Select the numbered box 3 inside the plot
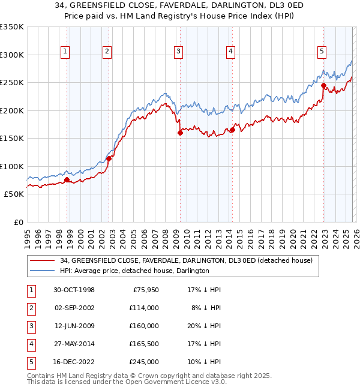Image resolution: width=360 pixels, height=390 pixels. point(179,52)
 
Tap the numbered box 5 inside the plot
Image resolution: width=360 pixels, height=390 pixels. point(322,52)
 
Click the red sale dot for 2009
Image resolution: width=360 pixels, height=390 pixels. point(180,133)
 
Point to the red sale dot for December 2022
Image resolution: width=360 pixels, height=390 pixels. point(323,86)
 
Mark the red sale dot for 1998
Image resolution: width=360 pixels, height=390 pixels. point(67,180)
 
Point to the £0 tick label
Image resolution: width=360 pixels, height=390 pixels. point(17,222)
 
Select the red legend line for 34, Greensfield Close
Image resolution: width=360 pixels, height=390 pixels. point(42,261)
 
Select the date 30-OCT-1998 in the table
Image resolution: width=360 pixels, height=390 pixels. point(73,289)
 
